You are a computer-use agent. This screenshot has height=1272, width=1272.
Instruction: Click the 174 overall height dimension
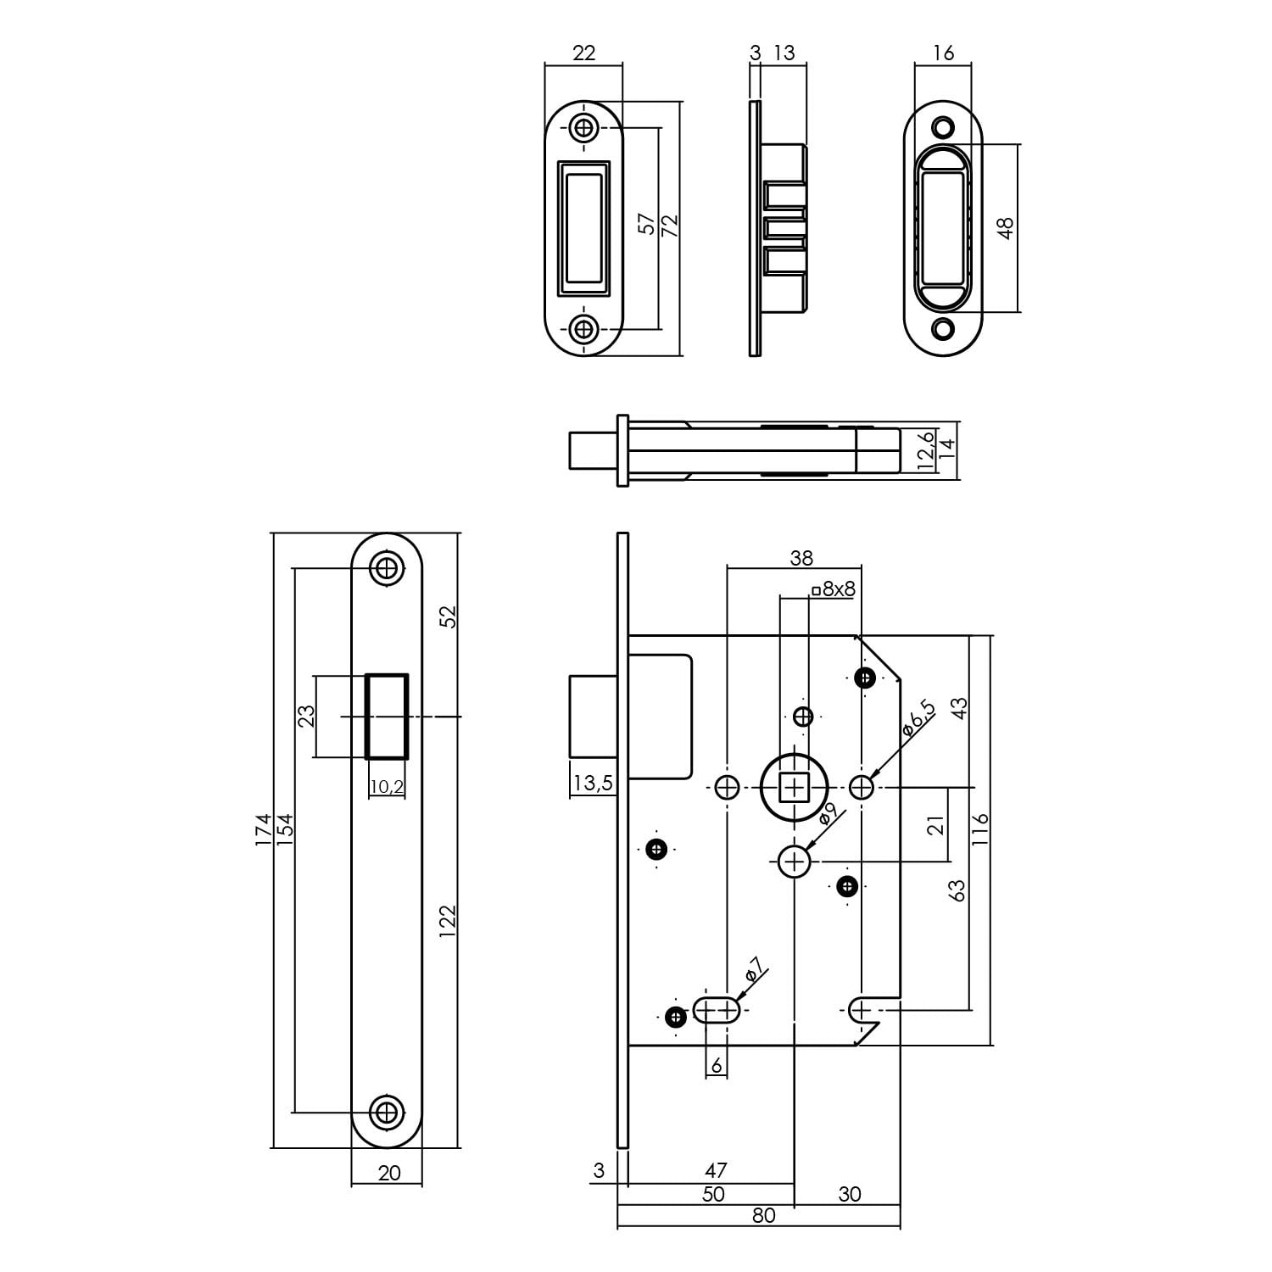tap(264, 830)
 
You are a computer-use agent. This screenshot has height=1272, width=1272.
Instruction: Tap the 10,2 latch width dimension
tap(387, 787)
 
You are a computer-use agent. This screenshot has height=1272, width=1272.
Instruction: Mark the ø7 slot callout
tap(754, 968)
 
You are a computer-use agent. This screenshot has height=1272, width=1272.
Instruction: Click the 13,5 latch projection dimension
tap(592, 783)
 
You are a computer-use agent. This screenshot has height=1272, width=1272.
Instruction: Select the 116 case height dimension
tap(980, 831)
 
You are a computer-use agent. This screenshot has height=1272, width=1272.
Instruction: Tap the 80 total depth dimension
tap(763, 1215)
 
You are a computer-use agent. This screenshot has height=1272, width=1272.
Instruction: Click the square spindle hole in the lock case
tap(794, 789)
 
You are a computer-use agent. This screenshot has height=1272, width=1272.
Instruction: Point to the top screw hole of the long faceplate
tap(387, 568)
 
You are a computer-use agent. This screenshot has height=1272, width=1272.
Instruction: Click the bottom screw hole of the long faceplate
tap(387, 1111)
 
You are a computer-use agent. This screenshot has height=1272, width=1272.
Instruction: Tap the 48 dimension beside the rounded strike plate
tap(1006, 228)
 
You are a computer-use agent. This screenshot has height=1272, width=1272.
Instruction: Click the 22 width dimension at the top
tap(583, 53)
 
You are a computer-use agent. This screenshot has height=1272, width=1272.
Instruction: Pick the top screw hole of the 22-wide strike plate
tap(583, 128)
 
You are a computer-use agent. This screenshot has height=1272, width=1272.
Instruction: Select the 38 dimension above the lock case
tap(801, 557)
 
